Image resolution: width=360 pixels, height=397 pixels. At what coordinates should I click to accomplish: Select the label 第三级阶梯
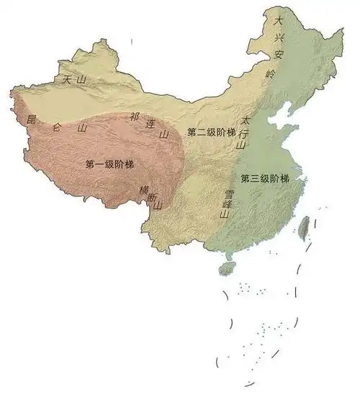click(264, 178)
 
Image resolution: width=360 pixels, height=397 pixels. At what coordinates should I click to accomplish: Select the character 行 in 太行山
click(243, 132)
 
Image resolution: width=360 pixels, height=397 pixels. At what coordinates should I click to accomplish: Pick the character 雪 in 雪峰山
click(230, 193)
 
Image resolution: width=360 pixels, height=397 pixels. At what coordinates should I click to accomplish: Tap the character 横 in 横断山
click(143, 190)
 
